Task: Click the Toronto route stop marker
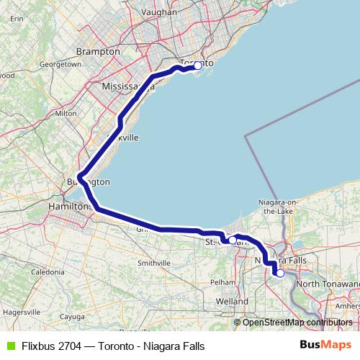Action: [x=198, y=66]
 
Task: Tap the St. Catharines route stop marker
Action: [x=233, y=240]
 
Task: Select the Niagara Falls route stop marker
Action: [x=280, y=273]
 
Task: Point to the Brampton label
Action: [x=98, y=52]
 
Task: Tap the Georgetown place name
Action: [x=60, y=64]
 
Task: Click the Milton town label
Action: [x=66, y=113]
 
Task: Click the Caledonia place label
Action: [x=47, y=272]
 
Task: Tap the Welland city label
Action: [x=232, y=301]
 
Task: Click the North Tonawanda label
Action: [x=328, y=284]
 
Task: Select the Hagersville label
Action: [x=21, y=312]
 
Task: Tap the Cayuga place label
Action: [x=72, y=316]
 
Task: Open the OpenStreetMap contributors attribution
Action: [x=297, y=322]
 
